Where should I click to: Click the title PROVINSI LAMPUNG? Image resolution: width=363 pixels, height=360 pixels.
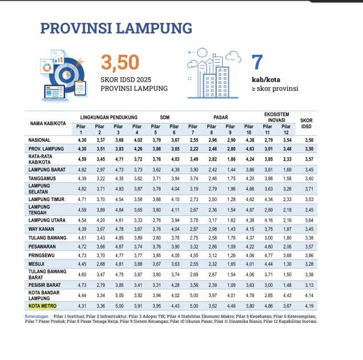116,29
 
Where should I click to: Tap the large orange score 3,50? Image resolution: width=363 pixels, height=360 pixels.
120,63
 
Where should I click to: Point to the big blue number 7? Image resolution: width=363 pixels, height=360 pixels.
257,63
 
